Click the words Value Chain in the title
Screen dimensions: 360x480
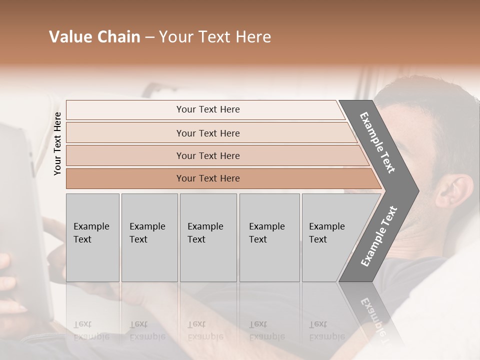(94, 37)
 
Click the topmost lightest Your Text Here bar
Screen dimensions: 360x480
(207, 109)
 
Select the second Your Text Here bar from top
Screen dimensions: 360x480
(207, 133)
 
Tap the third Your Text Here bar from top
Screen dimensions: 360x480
(207, 155)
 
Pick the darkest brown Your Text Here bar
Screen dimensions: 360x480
(207, 178)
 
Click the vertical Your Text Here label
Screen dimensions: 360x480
(57, 143)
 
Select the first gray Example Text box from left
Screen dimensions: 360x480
(92, 237)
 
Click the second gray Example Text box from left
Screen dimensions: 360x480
(149, 237)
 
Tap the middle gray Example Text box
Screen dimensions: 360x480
(208, 237)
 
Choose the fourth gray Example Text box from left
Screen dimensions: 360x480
(269, 237)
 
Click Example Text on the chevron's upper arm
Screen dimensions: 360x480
(378, 142)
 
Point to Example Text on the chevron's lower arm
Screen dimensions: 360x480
(379, 236)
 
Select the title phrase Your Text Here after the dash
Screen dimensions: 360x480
(214, 37)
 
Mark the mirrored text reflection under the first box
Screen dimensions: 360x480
(91, 330)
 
